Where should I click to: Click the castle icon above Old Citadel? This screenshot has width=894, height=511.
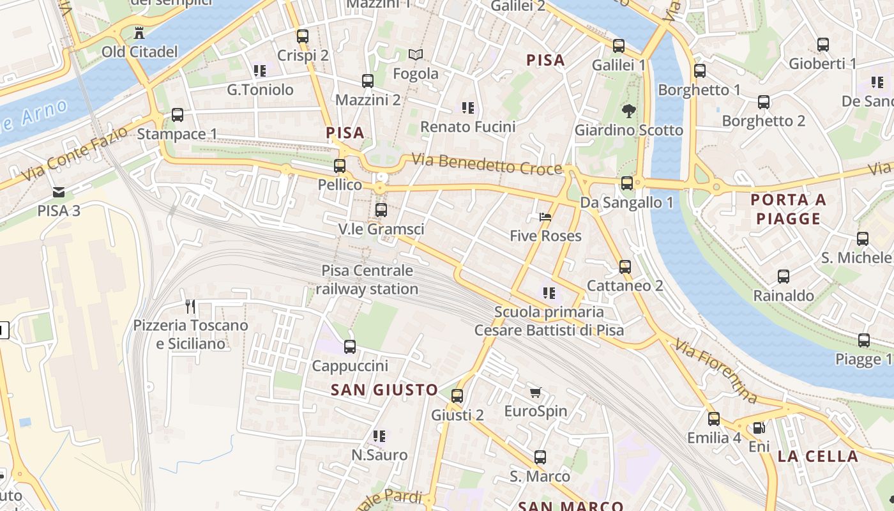[139, 33]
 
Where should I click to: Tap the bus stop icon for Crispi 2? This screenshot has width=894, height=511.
[303, 36]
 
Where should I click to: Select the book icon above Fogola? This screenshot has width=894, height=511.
[416, 55]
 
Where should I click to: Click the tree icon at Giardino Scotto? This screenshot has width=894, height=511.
[629, 111]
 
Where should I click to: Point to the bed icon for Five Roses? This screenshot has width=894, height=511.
[545, 217]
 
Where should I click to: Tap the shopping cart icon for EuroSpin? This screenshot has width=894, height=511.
[535, 392]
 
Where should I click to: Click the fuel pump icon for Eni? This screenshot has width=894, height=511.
[759, 428]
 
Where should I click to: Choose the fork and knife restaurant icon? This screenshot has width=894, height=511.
[190, 307]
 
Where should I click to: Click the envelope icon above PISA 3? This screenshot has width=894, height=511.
[59, 192]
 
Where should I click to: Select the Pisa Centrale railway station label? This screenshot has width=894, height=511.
[367, 280]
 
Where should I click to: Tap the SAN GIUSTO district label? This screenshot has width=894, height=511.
[384, 390]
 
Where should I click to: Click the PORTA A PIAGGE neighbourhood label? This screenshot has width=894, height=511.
[788, 210]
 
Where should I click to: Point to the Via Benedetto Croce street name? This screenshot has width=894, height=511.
[487, 164]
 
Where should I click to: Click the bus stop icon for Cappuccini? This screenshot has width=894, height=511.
[350, 347]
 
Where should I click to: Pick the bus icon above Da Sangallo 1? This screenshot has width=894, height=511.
[627, 183]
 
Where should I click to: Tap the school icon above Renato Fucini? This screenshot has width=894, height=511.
[468, 108]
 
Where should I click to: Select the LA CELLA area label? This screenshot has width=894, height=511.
[818, 456]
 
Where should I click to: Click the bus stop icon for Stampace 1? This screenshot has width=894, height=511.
[178, 115]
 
